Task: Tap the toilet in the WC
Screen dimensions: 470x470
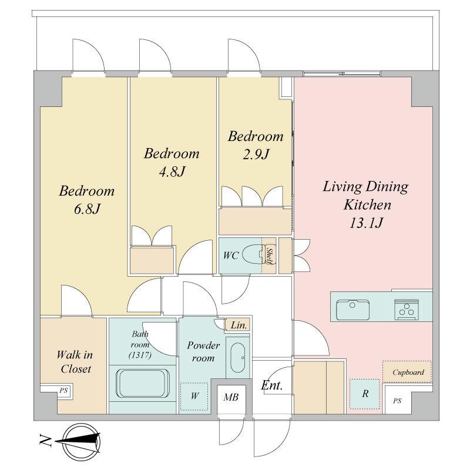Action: [254, 255]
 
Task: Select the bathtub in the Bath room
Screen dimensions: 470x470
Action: [142, 384]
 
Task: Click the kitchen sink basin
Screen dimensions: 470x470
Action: [352, 310]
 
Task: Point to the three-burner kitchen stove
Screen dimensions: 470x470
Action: [407, 310]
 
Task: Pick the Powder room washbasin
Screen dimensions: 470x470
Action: [238, 358]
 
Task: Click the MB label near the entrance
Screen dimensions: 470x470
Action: [231, 398]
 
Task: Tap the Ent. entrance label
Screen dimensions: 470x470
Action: [271, 385]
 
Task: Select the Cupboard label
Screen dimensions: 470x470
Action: [408, 372]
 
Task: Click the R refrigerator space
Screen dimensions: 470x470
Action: [365, 394]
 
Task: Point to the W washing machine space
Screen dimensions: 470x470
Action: [194, 397]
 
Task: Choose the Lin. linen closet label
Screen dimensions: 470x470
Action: [239, 325]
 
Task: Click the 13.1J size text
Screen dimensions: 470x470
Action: [366, 223]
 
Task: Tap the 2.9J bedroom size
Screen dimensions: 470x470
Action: [256, 155]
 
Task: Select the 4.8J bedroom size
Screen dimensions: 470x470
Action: [172, 172]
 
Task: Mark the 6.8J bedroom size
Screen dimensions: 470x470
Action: [87, 209]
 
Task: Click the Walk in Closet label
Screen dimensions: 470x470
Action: [75, 362]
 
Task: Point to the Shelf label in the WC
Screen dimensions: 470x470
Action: [269, 256]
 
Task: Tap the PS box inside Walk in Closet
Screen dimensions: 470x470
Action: [63, 391]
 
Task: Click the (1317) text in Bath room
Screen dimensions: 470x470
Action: [140, 355]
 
